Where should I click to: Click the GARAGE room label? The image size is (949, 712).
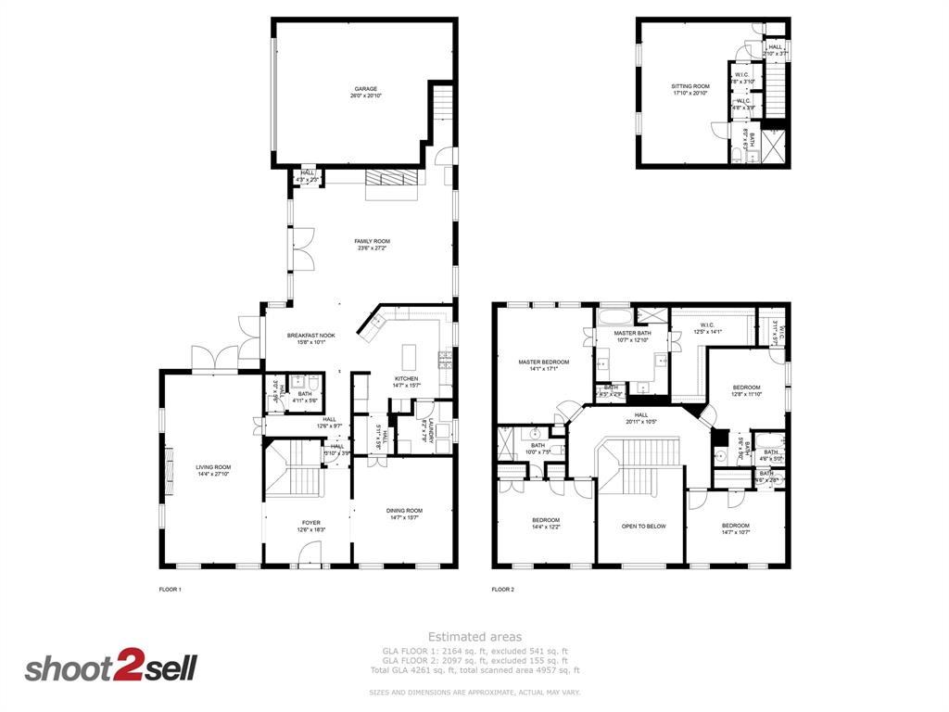(365, 89)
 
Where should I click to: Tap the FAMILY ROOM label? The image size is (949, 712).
(372, 241)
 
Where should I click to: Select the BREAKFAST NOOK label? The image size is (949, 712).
(310, 336)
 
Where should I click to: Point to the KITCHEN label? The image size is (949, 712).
(406, 378)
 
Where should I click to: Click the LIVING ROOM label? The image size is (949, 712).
(212, 467)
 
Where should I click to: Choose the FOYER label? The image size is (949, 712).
(310, 523)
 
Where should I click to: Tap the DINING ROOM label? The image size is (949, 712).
(404, 510)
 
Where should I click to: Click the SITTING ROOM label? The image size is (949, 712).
(690, 86)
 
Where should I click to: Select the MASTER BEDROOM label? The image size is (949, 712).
(543, 362)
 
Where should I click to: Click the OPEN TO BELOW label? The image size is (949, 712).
(643, 526)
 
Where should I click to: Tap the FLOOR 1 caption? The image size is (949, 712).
(171, 589)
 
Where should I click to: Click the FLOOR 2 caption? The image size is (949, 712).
(502, 589)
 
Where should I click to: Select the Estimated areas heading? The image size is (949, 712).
(474, 637)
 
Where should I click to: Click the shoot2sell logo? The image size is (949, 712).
(110, 667)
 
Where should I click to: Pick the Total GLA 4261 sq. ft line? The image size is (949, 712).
(474, 670)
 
